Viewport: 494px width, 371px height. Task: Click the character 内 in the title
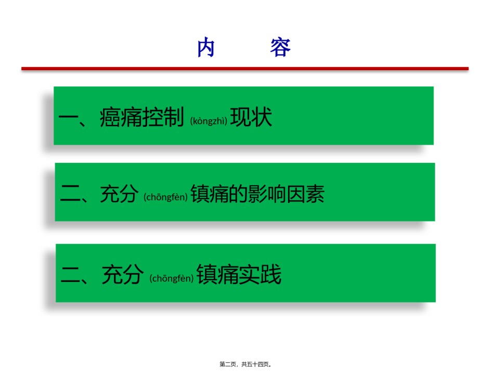point(206,47)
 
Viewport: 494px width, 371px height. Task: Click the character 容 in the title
point(280,47)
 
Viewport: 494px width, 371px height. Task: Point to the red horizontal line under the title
point(245,68)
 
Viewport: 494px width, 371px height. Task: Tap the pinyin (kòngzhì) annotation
point(209,121)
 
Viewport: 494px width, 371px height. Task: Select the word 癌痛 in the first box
point(121,117)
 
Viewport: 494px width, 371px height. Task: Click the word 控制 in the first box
point(163,117)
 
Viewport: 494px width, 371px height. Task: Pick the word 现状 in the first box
point(251,117)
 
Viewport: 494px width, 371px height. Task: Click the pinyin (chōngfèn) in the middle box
point(165,197)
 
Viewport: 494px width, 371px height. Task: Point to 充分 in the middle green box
point(120,194)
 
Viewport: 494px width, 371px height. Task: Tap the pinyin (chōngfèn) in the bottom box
point(172,278)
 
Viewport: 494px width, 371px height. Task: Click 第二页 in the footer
point(228,364)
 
